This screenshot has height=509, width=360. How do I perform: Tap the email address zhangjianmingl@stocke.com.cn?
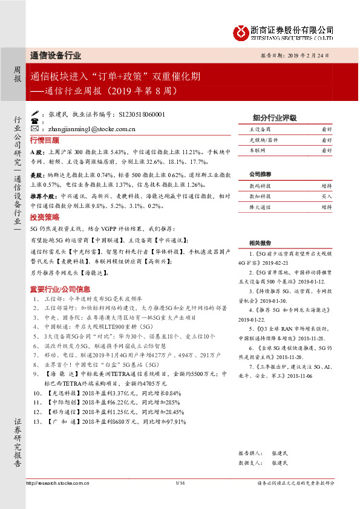pos(89,129)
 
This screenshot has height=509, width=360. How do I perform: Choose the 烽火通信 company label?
pos(260,207)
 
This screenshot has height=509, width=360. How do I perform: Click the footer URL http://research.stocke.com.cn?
pos(59,483)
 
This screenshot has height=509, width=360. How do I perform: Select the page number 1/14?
pos(180,483)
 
